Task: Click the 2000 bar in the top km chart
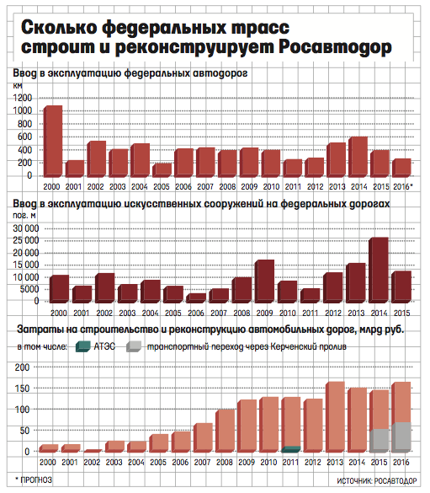53,141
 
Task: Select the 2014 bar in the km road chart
358,157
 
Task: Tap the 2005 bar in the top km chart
162,169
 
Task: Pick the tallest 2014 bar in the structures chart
379,270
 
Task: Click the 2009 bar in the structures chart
264,281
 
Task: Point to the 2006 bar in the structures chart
196,298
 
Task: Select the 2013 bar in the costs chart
336,417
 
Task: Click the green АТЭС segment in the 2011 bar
291,449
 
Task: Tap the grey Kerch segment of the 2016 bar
401,437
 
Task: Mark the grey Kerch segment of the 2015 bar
380,441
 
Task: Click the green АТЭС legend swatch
83,346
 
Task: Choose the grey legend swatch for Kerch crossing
134,346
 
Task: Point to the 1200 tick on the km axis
23,98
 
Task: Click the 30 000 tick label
26,228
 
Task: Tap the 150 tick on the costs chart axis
22,389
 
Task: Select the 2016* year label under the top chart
403,187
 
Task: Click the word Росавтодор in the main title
335,47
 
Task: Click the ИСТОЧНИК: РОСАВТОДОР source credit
377,481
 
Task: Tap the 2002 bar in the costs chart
93,451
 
